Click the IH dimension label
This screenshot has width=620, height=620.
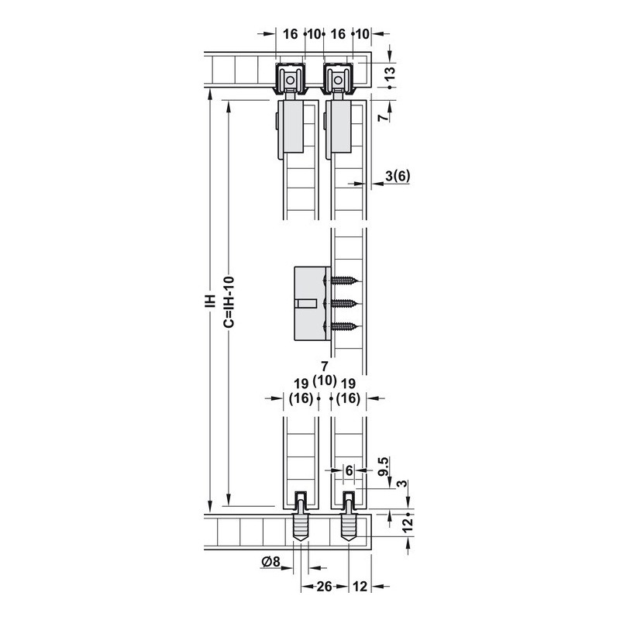(x=211, y=301)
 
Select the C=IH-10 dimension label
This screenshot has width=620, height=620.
(x=229, y=302)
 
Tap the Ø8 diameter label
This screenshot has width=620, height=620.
(x=270, y=561)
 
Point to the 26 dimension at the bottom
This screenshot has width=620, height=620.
(x=324, y=587)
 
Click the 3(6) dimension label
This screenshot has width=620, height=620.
(x=398, y=176)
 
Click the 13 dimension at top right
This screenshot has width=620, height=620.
(x=390, y=73)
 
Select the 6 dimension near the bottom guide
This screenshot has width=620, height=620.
(x=349, y=470)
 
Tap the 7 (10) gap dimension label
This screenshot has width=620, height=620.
(x=325, y=374)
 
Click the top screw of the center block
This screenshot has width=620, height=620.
(x=342, y=281)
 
